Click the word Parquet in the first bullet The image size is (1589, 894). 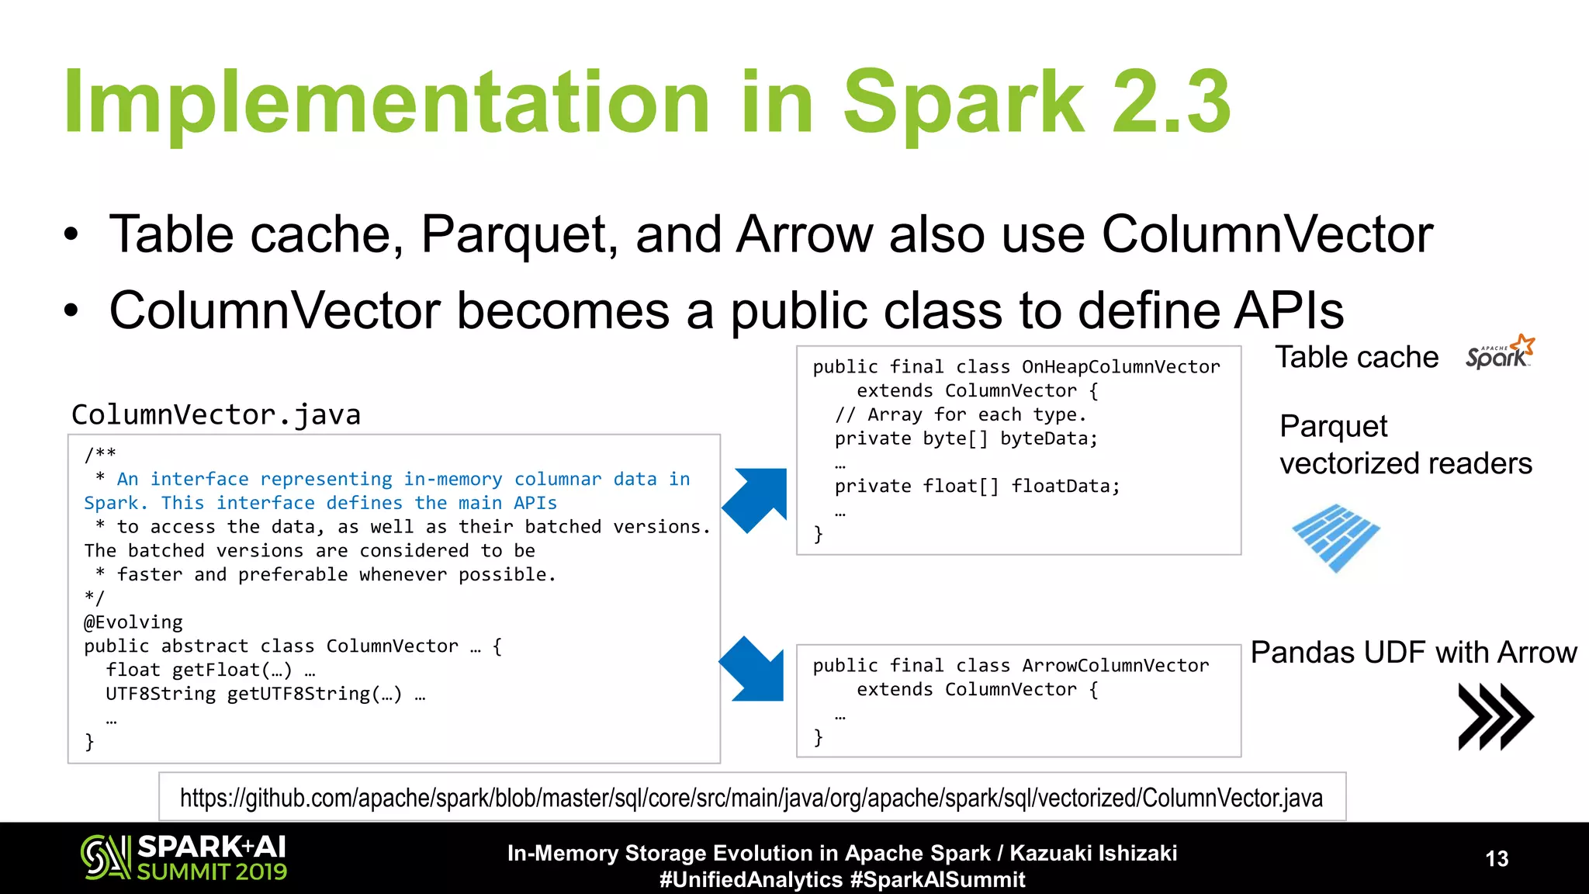click(x=518, y=234)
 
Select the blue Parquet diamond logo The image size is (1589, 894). click(x=1335, y=538)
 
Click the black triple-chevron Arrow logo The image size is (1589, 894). click(x=1495, y=716)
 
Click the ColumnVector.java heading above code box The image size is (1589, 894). click(x=216, y=415)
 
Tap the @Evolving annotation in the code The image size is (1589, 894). click(x=133, y=622)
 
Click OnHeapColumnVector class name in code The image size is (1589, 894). click(x=1120, y=367)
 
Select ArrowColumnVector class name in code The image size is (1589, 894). click(x=1115, y=666)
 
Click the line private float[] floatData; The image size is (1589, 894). click(x=977, y=487)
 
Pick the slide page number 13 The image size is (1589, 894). click(x=1497, y=858)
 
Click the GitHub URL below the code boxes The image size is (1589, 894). click(x=751, y=798)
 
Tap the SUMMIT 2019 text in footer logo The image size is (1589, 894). click(x=212, y=872)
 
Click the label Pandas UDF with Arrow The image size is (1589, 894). click(x=1413, y=653)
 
